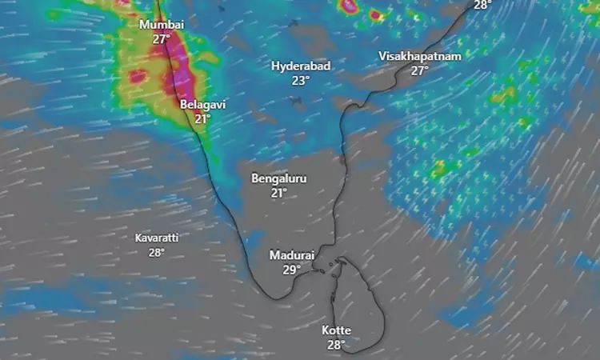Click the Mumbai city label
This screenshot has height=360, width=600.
162,25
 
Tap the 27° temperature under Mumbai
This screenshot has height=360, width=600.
162,38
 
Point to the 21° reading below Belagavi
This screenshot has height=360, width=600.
202,118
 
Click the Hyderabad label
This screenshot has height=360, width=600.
301,66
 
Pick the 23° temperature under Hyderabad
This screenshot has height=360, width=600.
301,80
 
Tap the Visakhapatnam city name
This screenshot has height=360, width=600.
420,56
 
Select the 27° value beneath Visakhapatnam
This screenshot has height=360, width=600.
420,70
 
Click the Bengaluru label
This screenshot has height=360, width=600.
279,178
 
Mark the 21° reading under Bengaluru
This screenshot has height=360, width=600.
279,192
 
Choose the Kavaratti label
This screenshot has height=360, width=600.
157,238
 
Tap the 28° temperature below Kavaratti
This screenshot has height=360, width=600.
157,252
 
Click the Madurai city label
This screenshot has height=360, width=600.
290,255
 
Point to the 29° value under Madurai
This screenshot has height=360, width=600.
290,269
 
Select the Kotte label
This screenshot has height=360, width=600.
336,330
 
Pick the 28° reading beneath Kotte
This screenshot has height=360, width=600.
336,344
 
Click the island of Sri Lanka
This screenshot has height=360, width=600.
360,304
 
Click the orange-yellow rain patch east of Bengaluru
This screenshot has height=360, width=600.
438,169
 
